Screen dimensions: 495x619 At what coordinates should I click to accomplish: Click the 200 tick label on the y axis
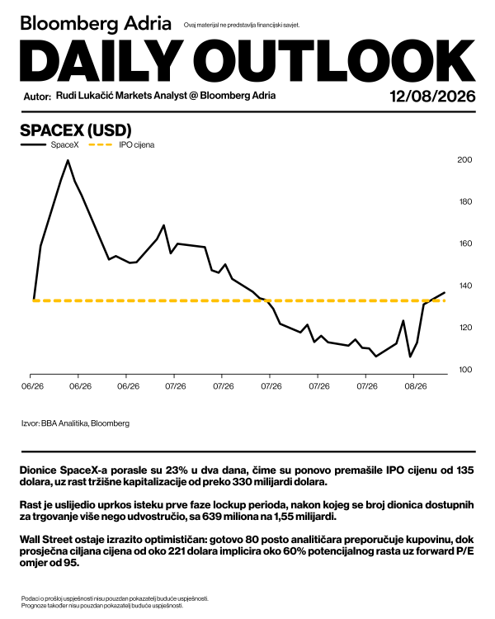464,160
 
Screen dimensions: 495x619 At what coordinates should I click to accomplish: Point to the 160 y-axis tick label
464,243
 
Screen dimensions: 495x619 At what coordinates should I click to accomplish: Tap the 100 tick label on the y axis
464,370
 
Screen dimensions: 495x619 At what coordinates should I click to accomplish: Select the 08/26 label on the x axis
416,386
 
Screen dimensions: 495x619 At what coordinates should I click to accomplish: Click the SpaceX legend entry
49,145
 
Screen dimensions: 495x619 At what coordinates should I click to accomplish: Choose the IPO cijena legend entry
121,145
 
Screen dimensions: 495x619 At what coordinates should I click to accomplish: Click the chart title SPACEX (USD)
76,130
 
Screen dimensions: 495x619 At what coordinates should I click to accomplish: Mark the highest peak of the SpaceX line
68,160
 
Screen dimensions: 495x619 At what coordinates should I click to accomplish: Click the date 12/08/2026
432,97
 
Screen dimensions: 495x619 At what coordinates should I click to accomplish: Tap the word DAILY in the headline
101,60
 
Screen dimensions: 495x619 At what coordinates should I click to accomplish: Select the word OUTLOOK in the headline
334,60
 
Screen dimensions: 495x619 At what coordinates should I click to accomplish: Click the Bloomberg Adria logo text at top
96,24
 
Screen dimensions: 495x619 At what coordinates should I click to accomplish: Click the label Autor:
37,97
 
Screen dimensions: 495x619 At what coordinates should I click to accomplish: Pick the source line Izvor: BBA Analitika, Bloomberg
75,423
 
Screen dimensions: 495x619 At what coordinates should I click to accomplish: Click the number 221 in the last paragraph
177,551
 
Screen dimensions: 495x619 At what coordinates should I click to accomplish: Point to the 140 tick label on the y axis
464,286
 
